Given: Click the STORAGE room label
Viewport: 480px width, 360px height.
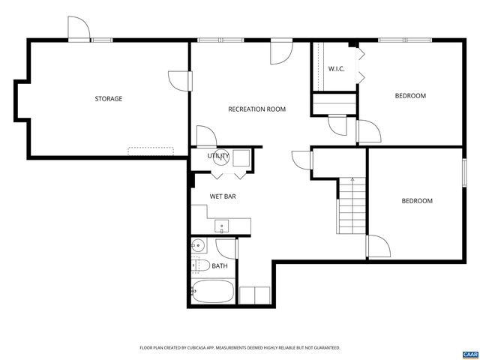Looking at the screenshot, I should (108, 99).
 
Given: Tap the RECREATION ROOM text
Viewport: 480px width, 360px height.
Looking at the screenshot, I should (256, 109).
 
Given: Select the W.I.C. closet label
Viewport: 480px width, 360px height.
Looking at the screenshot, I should (336, 69).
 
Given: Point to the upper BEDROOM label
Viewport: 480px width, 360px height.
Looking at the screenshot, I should (410, 96).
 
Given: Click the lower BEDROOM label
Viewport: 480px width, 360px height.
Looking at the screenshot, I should (416, 201).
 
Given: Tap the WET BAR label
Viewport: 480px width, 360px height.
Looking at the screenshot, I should (223, 196).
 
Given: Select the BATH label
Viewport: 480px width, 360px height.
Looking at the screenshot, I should (220, 265).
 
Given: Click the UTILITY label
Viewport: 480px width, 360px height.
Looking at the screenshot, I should (218, 156).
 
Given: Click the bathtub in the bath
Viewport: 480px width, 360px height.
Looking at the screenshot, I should (212, 293).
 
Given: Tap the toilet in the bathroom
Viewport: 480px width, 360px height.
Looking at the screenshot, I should (199, 265).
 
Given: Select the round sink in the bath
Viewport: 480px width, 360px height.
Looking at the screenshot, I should (199, 245).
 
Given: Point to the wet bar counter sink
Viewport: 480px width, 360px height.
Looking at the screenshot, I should (222, 225).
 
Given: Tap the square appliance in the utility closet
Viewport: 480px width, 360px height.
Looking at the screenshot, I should (241, 157).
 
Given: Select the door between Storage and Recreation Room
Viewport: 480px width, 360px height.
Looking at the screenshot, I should (178, 81).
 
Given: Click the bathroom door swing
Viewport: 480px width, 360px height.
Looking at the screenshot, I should (226, 249).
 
